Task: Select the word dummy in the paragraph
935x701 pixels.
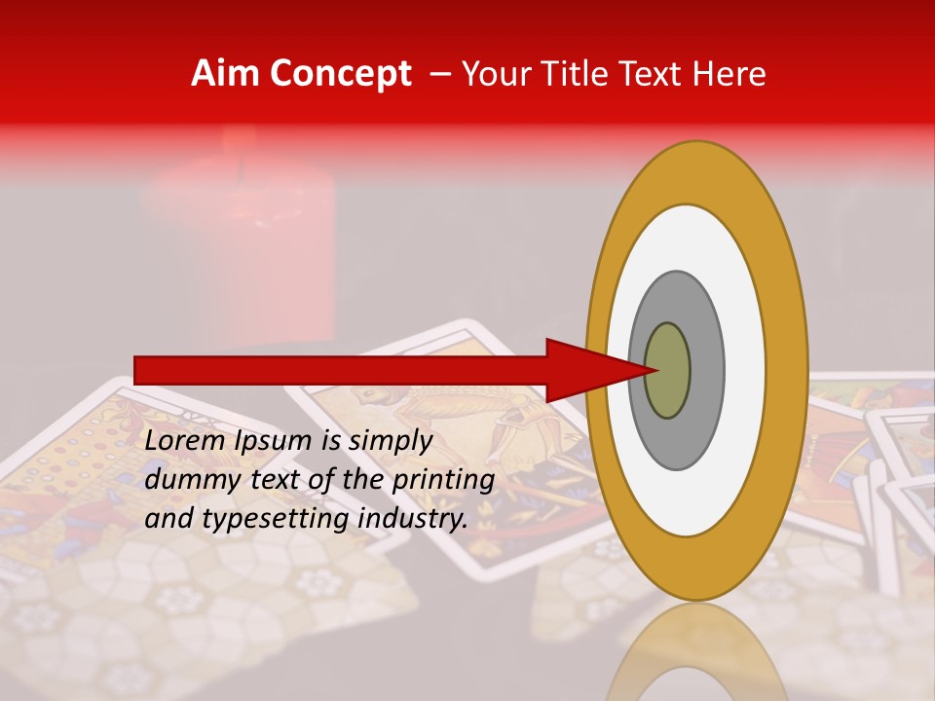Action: [186, 480]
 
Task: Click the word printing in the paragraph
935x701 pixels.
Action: [443, 481]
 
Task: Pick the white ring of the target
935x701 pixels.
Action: [745, 371]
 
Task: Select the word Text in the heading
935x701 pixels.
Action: [657, 74]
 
